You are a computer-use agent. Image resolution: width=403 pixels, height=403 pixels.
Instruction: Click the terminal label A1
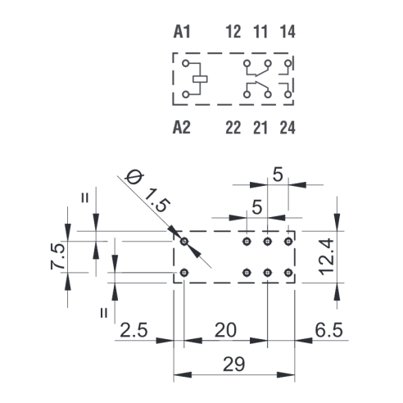(182, 32)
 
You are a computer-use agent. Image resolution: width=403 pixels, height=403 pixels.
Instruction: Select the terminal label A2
(182, 127)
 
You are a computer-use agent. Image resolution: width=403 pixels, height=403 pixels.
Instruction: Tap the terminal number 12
(233, 32)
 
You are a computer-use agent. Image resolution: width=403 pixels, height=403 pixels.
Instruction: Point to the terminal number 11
(260, 32)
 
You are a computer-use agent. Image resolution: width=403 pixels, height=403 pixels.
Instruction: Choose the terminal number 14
(288, 32)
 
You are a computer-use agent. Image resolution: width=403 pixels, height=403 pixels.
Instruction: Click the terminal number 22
(233, 128)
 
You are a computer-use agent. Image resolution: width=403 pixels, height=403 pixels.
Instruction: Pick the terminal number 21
(260, 128)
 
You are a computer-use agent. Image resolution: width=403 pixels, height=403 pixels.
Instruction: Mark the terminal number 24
(288, 128)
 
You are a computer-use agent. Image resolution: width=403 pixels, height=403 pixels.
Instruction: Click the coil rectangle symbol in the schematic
(200, 79)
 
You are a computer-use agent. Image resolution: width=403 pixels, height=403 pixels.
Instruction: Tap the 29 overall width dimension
(234, 364)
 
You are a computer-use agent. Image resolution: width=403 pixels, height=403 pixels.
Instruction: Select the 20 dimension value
(225, 330)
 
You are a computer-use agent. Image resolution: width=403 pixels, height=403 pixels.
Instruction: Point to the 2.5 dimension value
(134, 330)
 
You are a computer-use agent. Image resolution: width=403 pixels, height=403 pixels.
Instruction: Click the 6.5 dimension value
(328, 330)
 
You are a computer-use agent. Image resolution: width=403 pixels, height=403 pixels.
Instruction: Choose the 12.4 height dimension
(327, 256)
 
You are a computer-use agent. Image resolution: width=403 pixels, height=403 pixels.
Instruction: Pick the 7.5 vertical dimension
(58, 256)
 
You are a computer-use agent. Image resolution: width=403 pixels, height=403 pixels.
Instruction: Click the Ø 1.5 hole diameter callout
(147, 192)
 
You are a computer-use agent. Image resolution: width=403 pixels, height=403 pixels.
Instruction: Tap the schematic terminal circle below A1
(186, 63)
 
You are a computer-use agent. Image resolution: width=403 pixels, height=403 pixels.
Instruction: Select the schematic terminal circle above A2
(186, 94)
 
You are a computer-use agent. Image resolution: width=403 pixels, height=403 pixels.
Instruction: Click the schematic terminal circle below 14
(288, 63)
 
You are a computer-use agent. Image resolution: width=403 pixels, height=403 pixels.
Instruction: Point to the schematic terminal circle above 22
(247, 94)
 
